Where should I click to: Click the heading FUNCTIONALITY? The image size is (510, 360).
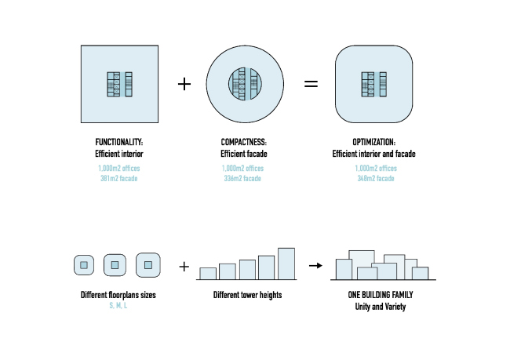click(119, 143)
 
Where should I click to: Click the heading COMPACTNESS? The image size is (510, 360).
click(243, 143)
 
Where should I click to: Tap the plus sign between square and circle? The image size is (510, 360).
click(185, 84)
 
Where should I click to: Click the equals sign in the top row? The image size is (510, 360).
click(311, 84)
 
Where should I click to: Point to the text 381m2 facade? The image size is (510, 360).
click(119, 179)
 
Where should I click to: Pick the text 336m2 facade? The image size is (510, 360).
click(243, 179)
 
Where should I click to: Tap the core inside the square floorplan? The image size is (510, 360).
click(119, 84)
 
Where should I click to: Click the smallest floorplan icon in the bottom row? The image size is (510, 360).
click(84, 265)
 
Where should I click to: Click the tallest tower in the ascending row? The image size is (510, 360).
click(286, 264)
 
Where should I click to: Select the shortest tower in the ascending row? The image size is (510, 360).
click(208, 274)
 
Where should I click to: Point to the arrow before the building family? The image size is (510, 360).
click(315, 266)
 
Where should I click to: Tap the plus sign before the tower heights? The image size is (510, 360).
click(184, 267)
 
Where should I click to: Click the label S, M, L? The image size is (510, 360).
click(119, 304)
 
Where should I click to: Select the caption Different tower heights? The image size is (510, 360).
click(247, 296)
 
